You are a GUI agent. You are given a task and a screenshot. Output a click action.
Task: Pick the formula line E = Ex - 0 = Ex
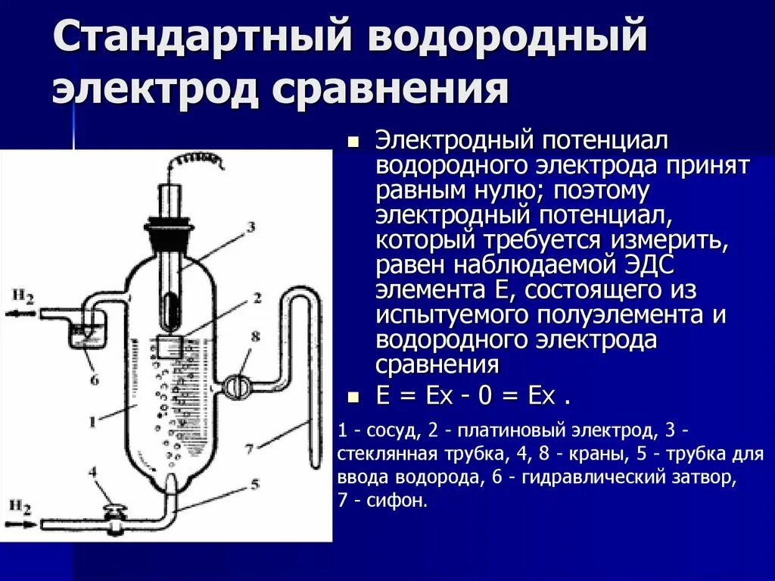point(472,396)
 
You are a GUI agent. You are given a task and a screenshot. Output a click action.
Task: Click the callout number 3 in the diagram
point(251,226)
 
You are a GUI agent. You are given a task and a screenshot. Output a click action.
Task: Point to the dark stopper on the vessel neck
point(169,230)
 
